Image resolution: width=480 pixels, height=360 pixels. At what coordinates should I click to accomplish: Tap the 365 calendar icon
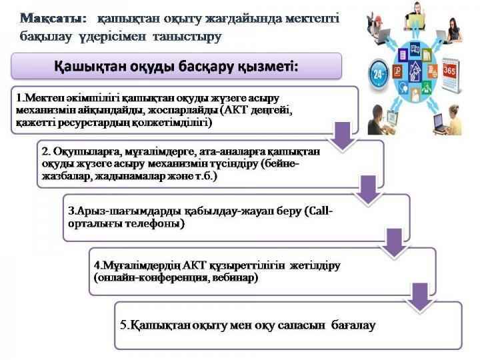click(451, 69)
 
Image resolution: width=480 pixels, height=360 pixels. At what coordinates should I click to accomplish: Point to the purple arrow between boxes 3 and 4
click(395, 245)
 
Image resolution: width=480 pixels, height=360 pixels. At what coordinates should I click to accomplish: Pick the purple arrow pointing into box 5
click(421, 297)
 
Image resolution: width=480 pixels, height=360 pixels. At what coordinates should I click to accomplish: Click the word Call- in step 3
click(319, 211)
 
